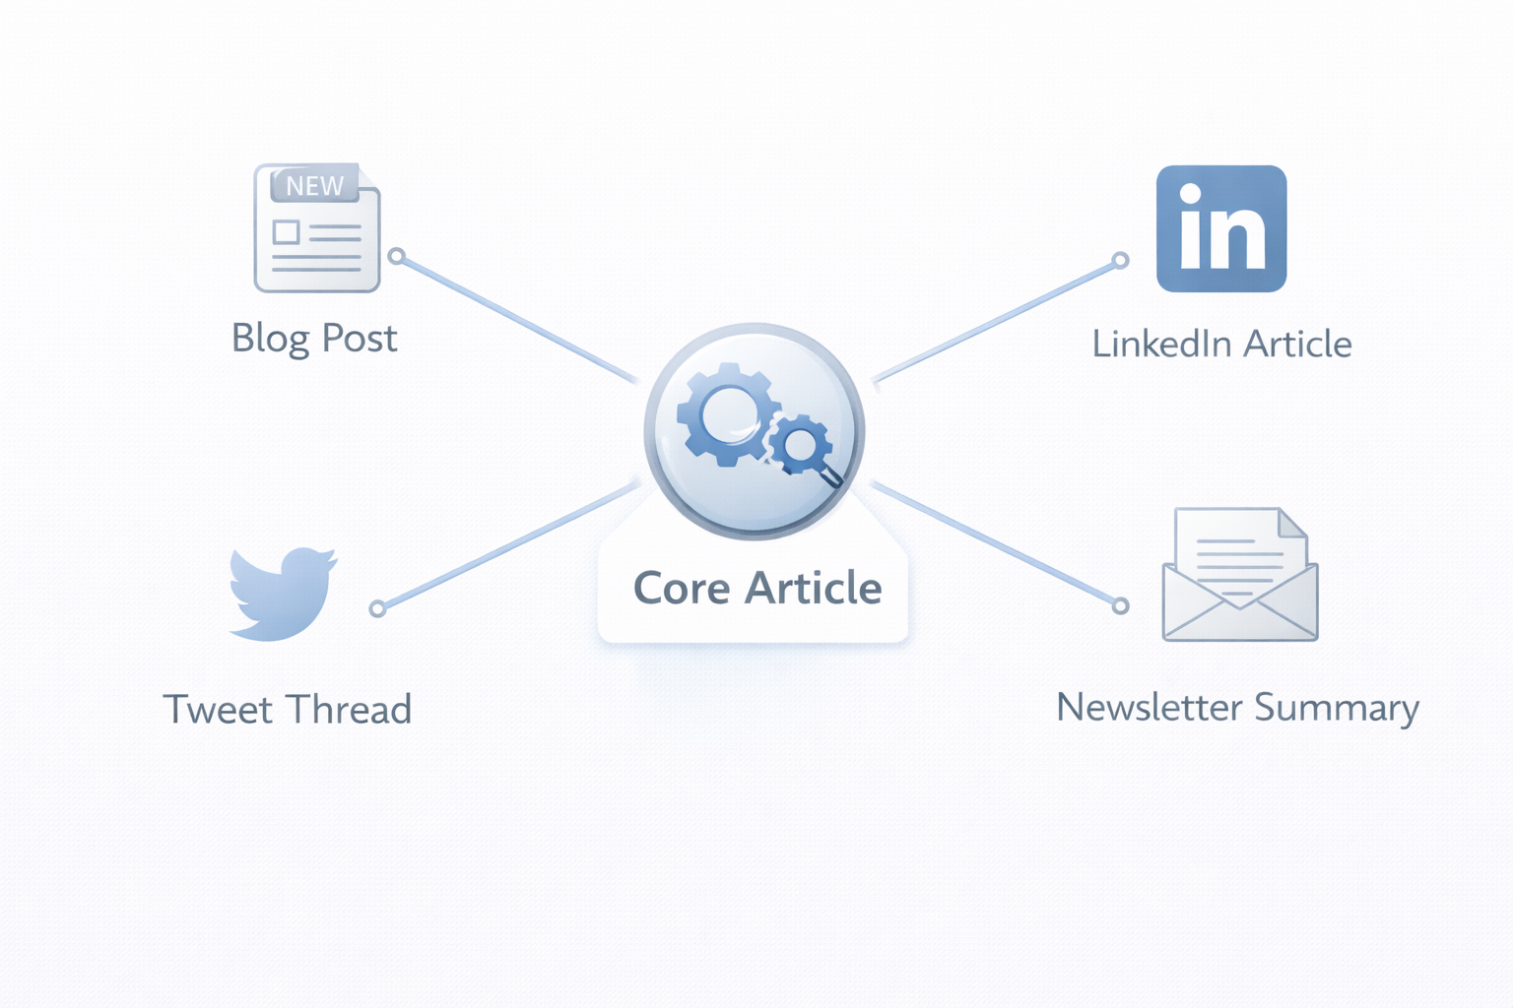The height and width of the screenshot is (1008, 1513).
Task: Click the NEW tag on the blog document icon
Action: [314, 185]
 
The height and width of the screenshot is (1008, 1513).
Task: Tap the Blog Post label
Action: [314, 339]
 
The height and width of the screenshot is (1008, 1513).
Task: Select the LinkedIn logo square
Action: [1221, 228]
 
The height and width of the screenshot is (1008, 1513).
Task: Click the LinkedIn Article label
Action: [1221, 345]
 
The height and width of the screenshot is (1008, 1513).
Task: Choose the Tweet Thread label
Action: [287, 710]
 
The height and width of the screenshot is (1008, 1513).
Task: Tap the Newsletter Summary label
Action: [1237, 708]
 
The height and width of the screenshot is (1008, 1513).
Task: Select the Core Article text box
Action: [756, 589]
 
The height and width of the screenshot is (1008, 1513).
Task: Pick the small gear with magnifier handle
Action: [800, 445]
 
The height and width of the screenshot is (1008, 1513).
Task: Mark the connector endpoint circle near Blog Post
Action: [396, 256]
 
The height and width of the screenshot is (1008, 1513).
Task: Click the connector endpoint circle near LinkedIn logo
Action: [1120, 261]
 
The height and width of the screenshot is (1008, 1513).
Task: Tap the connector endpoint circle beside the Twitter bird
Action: [377, 608]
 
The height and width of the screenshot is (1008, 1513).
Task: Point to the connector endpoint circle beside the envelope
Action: [1120, 605]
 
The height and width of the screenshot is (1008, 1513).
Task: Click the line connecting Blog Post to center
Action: [517, 318]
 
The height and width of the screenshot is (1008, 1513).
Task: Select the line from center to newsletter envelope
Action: [995, 544]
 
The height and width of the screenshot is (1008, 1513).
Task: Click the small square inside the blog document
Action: [287, 232]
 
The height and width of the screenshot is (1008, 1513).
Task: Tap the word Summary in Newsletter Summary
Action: [1337, 708]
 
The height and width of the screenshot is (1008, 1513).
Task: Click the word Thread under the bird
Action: [350, 710]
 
